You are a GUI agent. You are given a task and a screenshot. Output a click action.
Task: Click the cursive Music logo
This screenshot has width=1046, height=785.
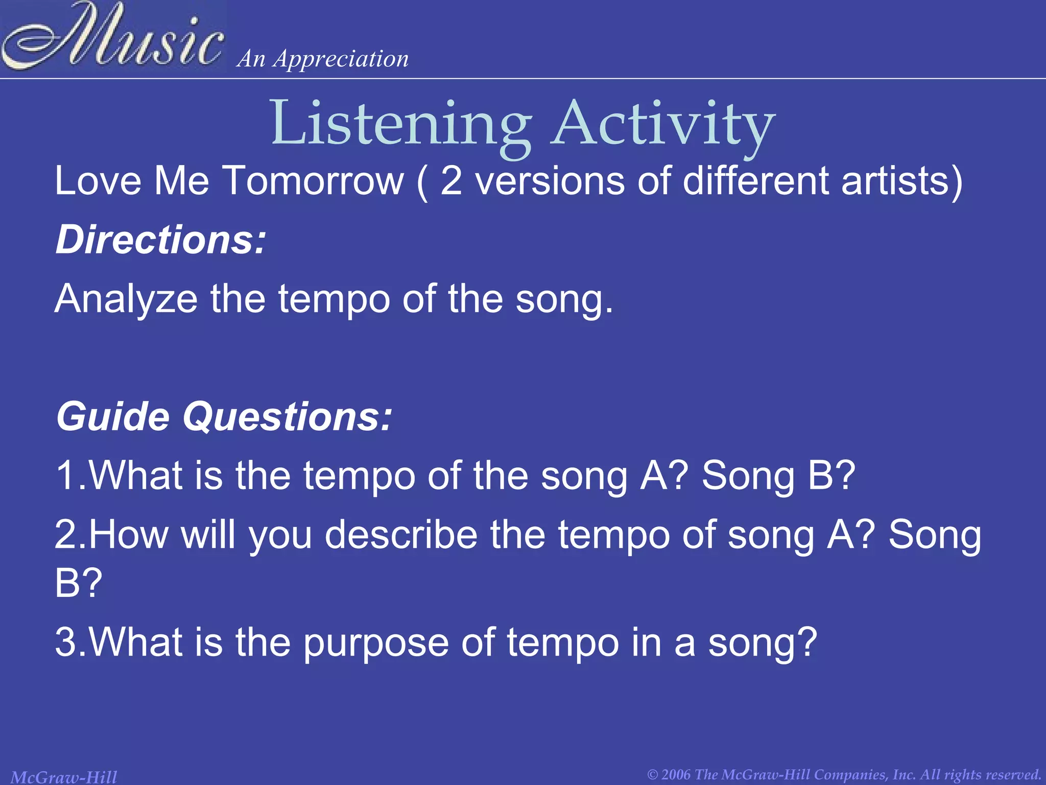(112, 37)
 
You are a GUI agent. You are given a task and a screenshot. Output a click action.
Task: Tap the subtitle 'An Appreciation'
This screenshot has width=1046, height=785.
(323, 59)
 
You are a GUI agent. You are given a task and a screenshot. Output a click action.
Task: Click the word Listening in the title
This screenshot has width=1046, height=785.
(401, 124)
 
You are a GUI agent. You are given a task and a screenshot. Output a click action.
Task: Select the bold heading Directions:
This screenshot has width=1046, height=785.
(161, 240)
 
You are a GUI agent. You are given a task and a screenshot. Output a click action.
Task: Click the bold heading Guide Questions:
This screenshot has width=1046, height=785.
(224, 417)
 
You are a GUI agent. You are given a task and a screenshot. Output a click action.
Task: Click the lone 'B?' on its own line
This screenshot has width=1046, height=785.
(78, 584)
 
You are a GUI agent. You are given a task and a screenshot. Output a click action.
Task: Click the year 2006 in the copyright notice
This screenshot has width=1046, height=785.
(676, 775)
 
